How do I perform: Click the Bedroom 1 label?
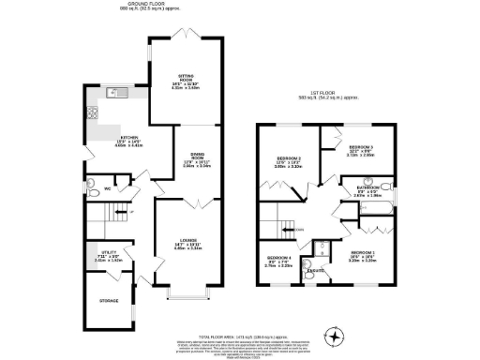click(x=363, y=253)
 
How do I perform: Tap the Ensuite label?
click(x=318, y=271)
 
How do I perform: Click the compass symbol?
click(x=331, y=337)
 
